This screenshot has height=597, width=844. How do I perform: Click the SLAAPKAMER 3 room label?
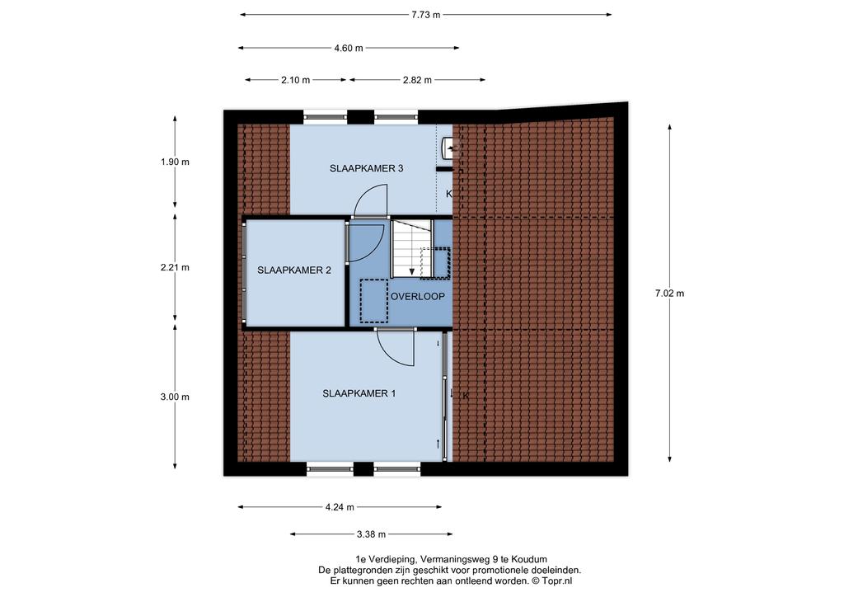(x=366, y=168)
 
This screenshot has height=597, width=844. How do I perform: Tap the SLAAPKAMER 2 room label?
(x=294, y=270)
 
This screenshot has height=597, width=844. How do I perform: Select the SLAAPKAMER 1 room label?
(x=359, y=393)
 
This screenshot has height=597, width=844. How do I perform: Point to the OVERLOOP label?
(x=418, y=297)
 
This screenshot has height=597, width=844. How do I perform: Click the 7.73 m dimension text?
(x=426, y=15)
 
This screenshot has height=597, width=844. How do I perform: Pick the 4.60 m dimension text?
(x=349, y=48)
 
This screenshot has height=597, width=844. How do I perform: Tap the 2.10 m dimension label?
(x=296, y=80)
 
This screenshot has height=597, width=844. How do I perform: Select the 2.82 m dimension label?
(x=417, y=80)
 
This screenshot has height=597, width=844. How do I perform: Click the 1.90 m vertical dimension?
(x=175, y=162)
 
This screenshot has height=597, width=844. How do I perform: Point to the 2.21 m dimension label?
(x=175, y=267)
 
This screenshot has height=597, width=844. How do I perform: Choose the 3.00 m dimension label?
(x=175, y=397)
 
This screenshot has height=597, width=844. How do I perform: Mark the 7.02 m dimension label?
(x=669, y=294)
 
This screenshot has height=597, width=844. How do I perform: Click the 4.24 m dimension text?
(x=340, y=507)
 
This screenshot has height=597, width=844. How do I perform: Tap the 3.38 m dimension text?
(x=372, y=534)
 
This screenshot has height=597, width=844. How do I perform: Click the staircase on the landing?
(x=411, y=248)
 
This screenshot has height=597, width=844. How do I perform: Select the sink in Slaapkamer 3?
(x=449, y=148)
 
